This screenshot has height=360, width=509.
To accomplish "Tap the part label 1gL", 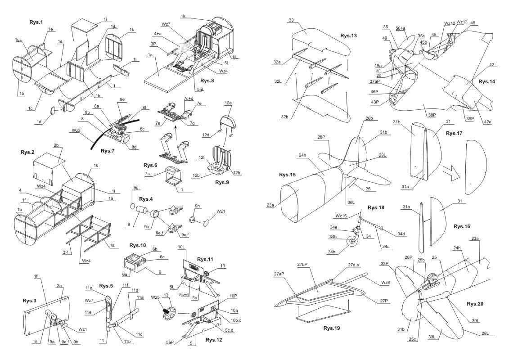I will coord(18,40).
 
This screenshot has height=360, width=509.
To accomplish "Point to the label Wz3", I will coord(76,131).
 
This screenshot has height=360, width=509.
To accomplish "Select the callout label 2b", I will coord(56,146).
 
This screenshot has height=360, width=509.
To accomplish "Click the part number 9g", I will coord(136,187).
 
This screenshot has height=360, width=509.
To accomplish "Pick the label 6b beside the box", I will coord(154,249).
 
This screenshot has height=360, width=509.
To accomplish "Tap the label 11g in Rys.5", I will coord(89,288).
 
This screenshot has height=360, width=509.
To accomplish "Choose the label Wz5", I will coord(156,297).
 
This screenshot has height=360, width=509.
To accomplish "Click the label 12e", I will coord(229,103).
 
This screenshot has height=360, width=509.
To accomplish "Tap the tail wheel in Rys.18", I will coord(351,243).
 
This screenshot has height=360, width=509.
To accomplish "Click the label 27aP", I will coord(279,274).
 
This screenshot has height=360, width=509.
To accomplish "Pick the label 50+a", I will coord(400,28).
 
